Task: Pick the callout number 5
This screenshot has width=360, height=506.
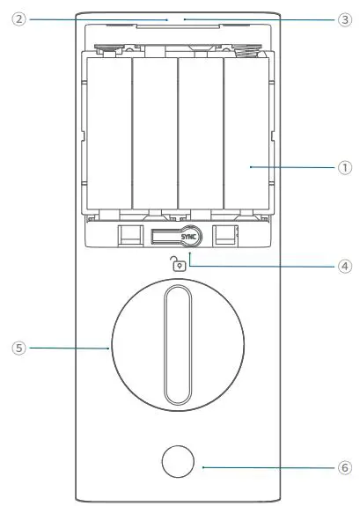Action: [x=18, y=348]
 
